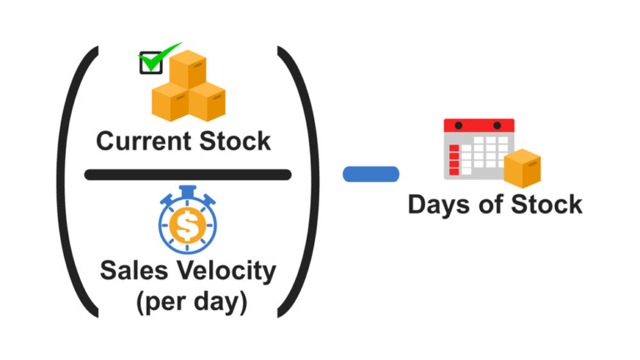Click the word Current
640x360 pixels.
tap(144, 141)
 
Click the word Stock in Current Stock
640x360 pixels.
tap(235, 141)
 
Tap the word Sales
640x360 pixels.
tap(134, 270)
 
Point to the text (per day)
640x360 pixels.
tap(192, 302)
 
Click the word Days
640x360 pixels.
tap(439, 205)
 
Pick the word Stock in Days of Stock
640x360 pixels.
tap(547, 204)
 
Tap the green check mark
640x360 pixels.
tap(160, 57)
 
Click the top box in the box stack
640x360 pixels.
tap(187, 68)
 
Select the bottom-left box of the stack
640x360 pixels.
tap(170, 102)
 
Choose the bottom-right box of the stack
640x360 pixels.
tap(207, 102)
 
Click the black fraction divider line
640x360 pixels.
tap(187, 175)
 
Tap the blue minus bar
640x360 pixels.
tap(371, 174)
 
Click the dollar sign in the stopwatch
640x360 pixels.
tap(187, 225)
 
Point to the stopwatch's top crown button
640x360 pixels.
tap(187, 191)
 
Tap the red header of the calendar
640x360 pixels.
tap(479, 125)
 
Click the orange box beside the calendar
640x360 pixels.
tap(522, 168)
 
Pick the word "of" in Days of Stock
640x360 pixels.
tap(490, 204)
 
